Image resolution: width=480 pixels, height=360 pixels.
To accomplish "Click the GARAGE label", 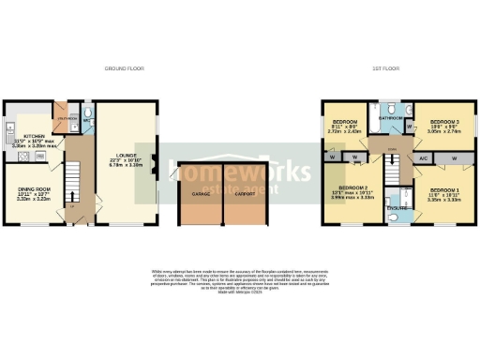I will point(201,194).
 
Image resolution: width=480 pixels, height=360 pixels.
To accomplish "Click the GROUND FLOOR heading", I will point(120,68).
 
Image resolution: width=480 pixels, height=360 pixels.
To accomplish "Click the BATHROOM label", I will point(391,119).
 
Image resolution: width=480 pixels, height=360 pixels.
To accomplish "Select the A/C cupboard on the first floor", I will point(424,158).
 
